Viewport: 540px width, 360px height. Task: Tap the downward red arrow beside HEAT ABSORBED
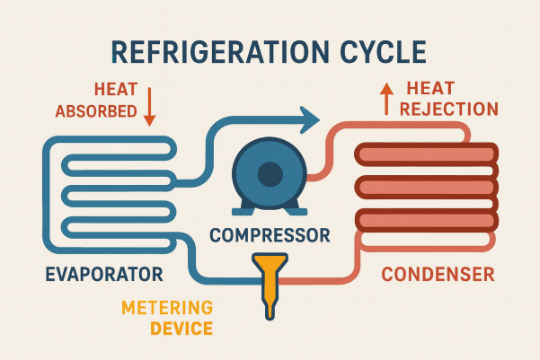(150, 106)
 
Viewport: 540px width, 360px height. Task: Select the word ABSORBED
(96, 112)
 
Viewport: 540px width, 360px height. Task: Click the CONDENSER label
(438, 273)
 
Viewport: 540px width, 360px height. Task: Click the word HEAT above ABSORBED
(114, 90)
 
